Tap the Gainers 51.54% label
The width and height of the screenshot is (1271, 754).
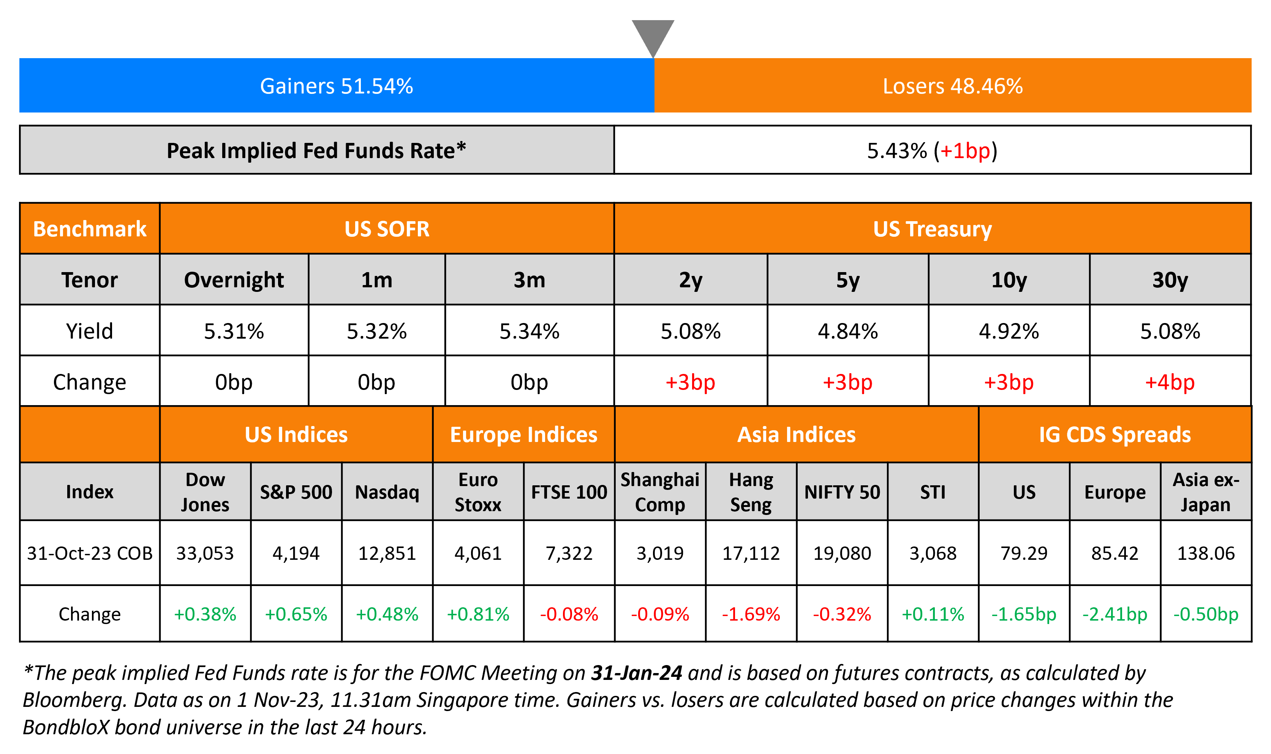click(336, 86)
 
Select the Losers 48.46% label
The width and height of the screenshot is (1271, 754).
click(953, 86)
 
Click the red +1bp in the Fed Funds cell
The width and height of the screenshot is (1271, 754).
click(965, 151)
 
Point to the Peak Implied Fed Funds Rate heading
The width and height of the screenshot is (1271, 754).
click(316, 151)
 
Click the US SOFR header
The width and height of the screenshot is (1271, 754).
click(387, 229)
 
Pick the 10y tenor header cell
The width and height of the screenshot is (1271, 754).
click(1009, 280)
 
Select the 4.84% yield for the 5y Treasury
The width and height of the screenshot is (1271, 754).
click(847, 331)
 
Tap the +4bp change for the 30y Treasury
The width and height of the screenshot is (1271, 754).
click(1170, 382)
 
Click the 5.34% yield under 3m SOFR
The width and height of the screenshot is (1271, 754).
click(529, 331)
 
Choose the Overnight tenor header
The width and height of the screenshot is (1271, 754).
click(234, 280)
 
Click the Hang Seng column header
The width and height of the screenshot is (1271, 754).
click(751, 492)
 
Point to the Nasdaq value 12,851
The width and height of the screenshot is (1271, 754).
click(387, 553)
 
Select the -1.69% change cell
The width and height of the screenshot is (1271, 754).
click(751, 614)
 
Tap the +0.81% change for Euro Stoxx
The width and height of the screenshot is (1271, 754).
click(478, 614)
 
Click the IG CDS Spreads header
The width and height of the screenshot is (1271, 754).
click(1114, 435)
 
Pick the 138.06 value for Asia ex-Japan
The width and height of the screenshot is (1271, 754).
click(1206, 553)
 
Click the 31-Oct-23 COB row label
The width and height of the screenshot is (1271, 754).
click(89, 553)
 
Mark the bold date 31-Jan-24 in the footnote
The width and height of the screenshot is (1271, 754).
click(636, 673)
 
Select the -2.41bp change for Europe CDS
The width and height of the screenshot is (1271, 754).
click(1114, 614)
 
